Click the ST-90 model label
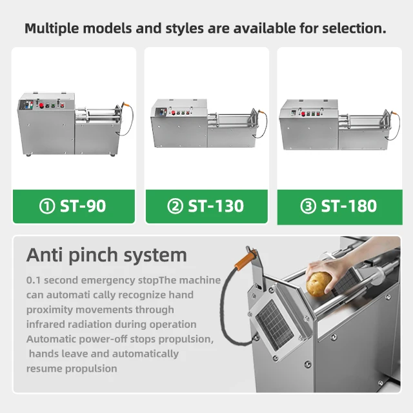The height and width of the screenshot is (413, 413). [83, 206]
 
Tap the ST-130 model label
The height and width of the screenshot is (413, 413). [216, 206]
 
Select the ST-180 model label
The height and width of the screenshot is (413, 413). [348, 206]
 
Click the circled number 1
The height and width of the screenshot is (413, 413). [47, 206]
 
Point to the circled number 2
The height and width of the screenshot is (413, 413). [175, 206]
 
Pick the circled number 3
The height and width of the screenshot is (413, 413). [308, 206]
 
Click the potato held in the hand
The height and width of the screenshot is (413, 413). [318, 284]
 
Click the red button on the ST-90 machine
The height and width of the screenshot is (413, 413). [41, 106]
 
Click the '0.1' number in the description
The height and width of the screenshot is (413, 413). [34, 280]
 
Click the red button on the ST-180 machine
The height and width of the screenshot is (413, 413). [303, 114]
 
